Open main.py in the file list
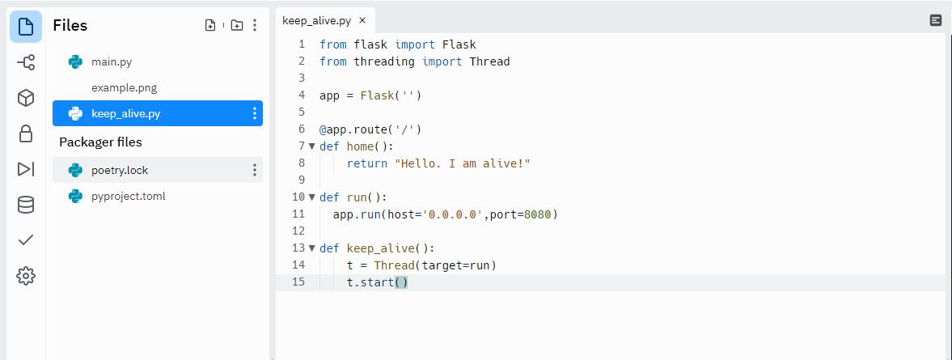tap(111, 61)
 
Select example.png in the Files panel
tap(124, 87)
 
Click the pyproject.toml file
tap(128, 196)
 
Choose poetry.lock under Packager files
tap(120, 170)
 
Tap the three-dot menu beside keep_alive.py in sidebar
tap(255, 113)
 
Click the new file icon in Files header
tap(210, 25)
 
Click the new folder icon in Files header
tap(236, 25)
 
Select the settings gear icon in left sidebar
tap(26, 276)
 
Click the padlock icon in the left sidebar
tap(26, 133)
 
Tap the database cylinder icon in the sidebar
tap(26, 205)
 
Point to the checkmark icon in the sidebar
tap(26, 240)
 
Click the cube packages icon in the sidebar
tap(26, 98)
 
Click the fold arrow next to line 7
tap(312, 146)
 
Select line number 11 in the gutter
tap(298, 214)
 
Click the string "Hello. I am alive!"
tap(462, 163)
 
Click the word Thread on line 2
tap(489, 61)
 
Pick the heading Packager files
tap(100, 142)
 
